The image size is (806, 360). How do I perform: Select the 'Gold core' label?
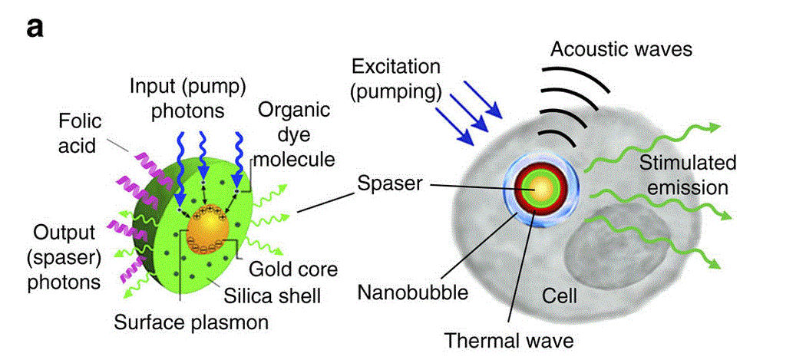(292, 269)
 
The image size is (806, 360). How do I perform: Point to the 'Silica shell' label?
(276, 295)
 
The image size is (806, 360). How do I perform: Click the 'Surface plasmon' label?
(191, 322)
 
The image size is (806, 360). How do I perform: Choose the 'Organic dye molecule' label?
(296, 134)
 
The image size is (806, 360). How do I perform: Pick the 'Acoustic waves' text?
(622, 51)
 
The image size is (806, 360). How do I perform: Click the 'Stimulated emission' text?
(688, 175)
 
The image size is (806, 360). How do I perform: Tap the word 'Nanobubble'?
(414, 292)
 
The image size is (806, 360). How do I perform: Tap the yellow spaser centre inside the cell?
(541, 187)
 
